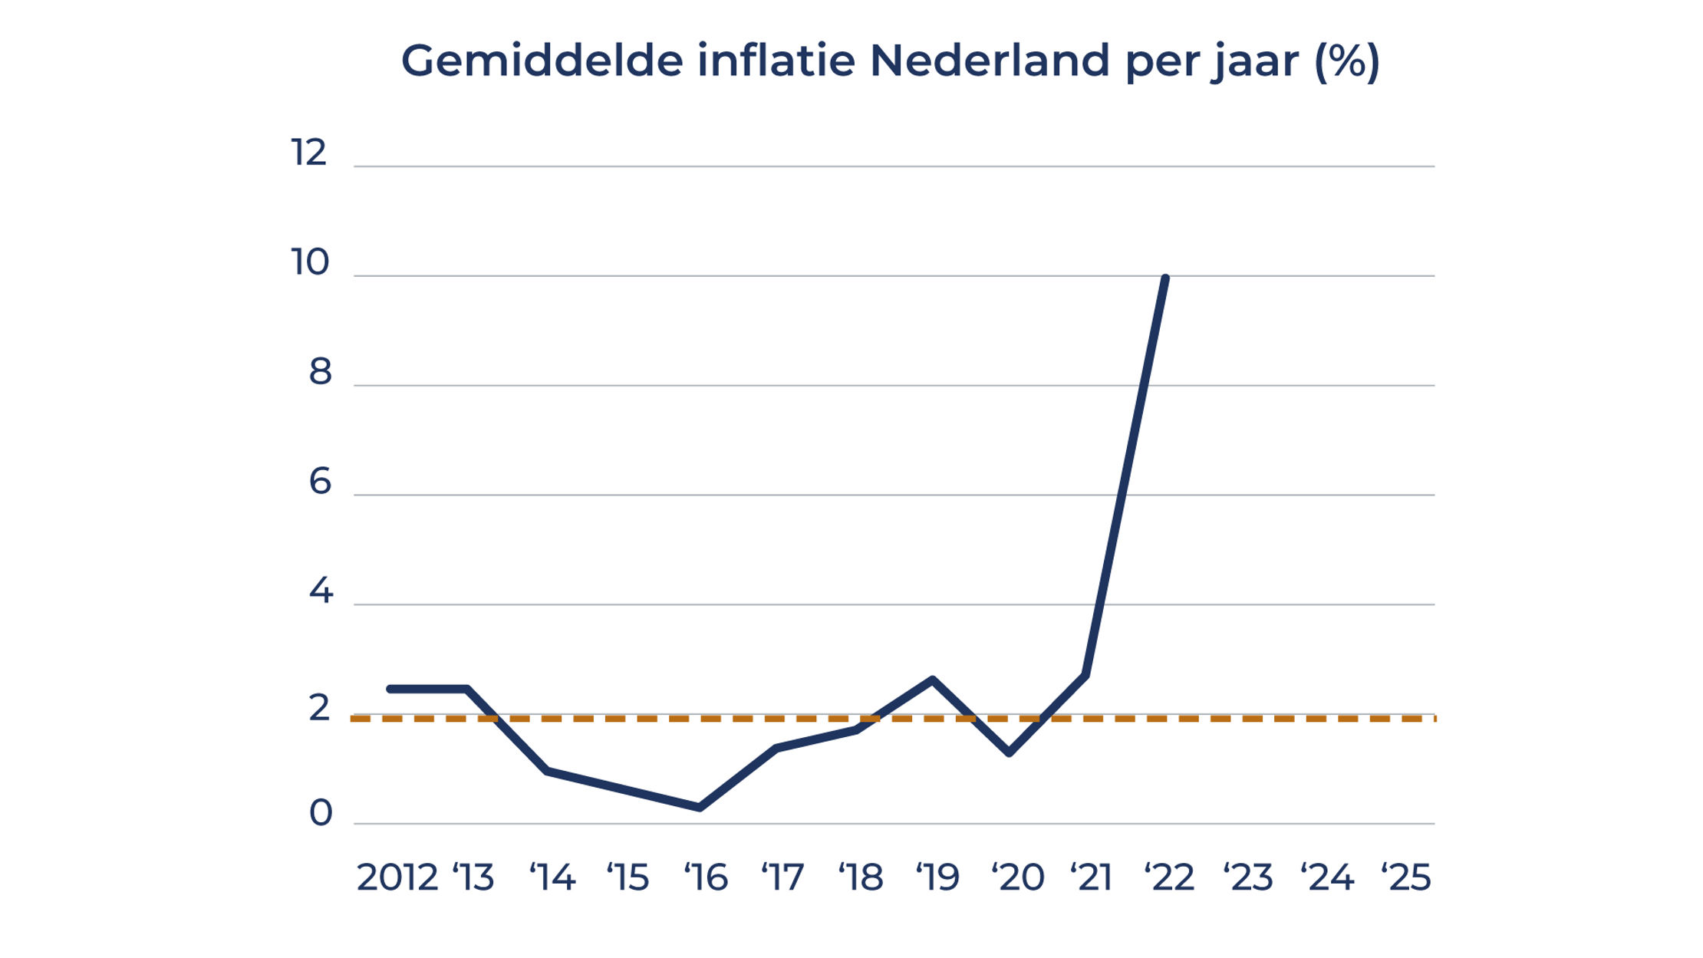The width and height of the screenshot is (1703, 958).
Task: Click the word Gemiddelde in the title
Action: [x=542, y=61]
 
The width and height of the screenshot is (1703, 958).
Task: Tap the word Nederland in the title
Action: [x=990, y=61]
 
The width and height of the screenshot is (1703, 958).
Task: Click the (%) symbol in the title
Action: [x=1347, y=61]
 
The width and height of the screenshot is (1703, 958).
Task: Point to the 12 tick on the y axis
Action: [x=309, y=153]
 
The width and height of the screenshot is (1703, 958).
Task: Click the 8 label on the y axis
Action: [x=320, y=372]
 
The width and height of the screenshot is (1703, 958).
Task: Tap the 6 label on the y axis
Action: [x=320, y=482]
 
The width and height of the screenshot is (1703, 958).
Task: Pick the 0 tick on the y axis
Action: [x=321, y=813]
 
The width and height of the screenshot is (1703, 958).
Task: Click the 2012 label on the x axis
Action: [x=397, y=877]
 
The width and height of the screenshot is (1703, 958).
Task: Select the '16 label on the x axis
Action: [x=706, y=877]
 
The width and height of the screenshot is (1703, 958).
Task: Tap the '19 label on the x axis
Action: [x=937, y=877]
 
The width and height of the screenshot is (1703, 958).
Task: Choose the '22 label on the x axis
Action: [x=1169, y=877]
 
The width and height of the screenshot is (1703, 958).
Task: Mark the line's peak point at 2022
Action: [x=1165, y=278]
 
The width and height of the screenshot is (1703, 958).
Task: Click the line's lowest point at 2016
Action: [x=700, y=808]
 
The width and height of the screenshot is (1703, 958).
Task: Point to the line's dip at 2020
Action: [x=1010, y=753]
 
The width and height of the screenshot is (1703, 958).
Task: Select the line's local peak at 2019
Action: [x=933, y=679]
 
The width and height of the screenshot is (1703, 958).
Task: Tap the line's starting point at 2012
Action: [x=390, y=689]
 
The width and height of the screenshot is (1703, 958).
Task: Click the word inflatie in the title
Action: [x=776, y=61]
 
